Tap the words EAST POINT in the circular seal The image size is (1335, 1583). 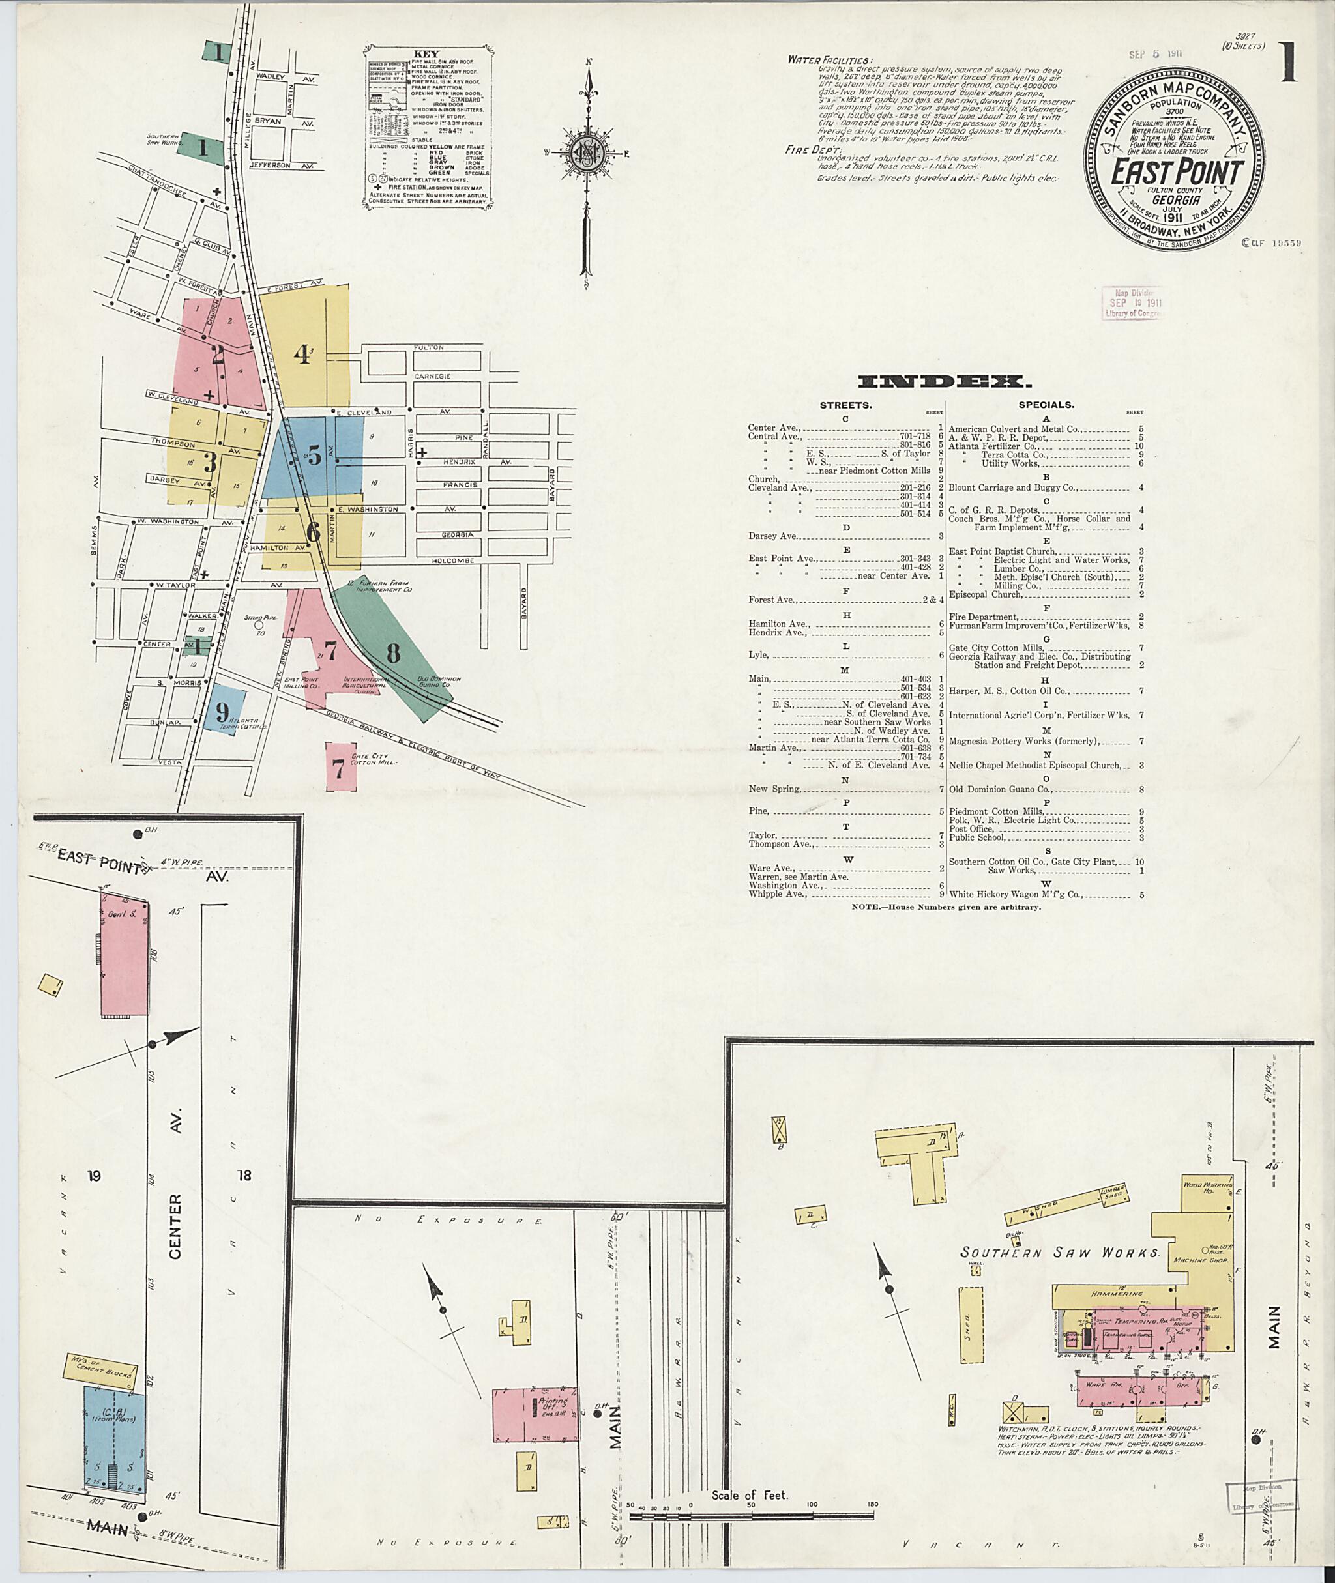click(1176, 173)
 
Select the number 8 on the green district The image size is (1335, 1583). click(393, 652)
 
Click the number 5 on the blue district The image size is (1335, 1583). click(314, 456)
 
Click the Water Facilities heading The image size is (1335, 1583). click(829, 60)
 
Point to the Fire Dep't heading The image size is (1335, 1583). click(808, 150)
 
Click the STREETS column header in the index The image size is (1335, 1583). click(845, 405)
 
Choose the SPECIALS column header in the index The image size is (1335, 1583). click(1045, 405)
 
